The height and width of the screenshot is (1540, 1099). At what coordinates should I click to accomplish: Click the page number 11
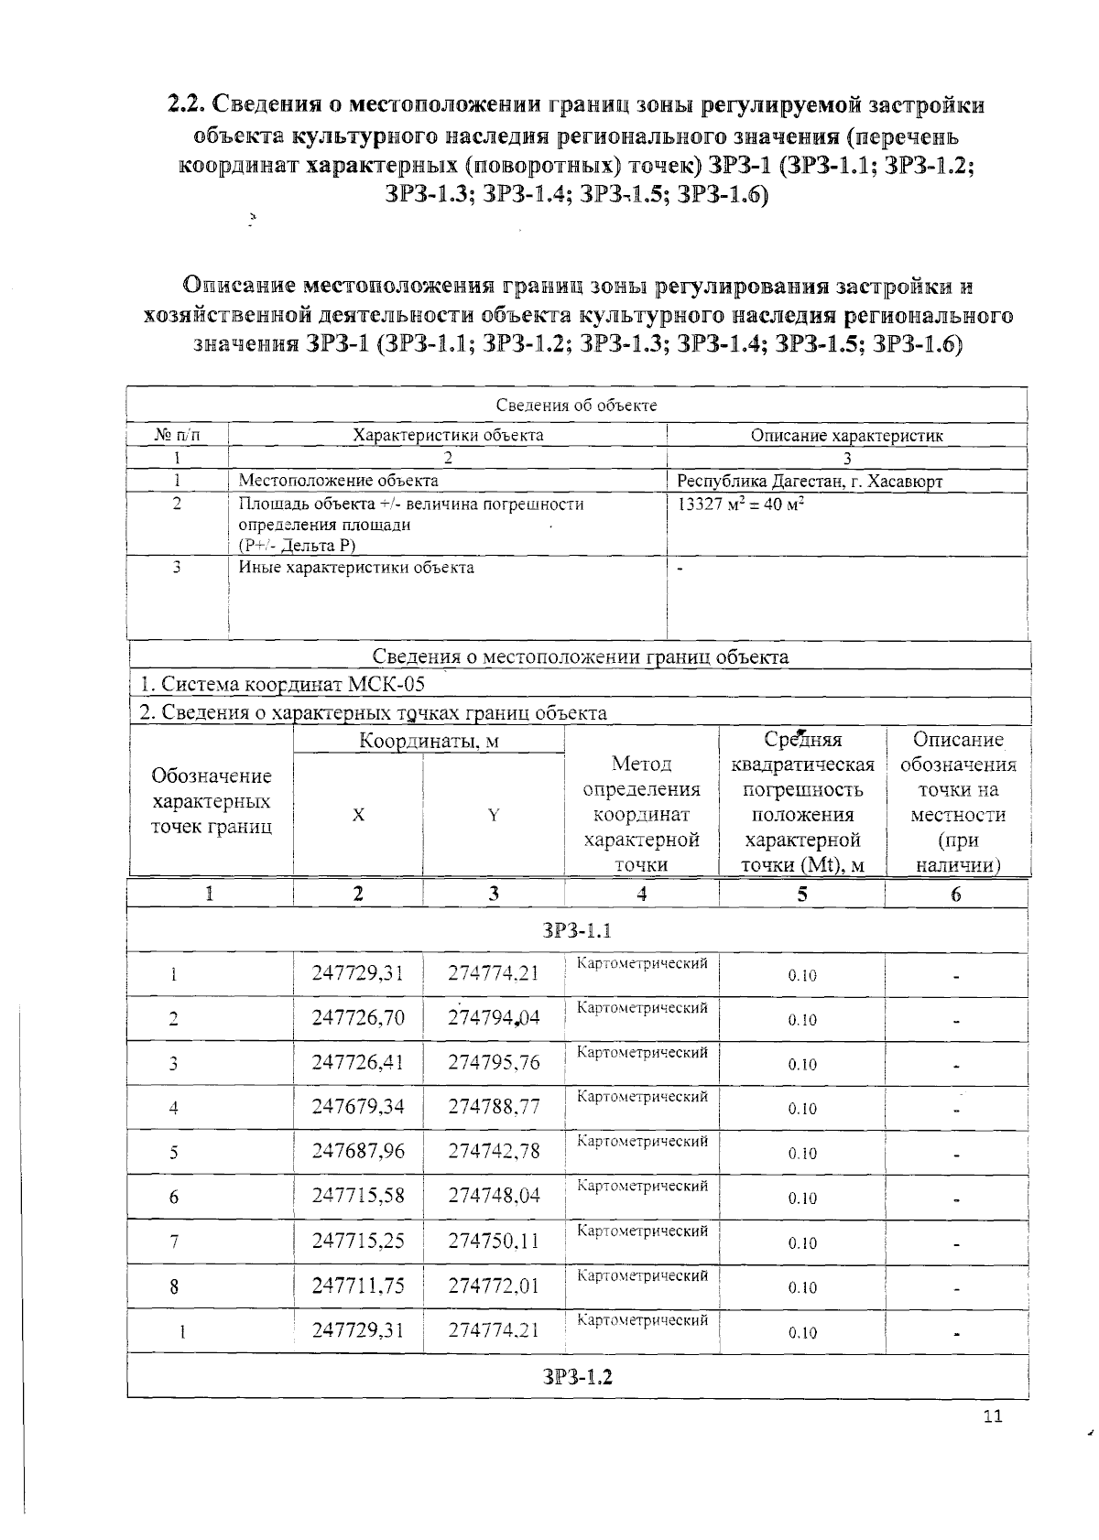point(993,1416)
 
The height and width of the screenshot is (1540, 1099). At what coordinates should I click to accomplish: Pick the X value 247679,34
point(358,1107)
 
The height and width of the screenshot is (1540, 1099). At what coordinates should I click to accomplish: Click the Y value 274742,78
point(494,1152)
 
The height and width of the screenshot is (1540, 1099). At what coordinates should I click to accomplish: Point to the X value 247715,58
point(358,1196)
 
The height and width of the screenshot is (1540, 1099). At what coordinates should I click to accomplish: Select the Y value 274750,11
point(494,1241)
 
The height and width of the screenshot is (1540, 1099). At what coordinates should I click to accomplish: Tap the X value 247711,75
point(358,1285)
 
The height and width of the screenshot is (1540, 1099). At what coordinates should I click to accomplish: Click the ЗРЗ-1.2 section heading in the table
point(577,1377)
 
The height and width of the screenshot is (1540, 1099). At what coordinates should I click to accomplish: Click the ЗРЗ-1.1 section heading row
point(577,931)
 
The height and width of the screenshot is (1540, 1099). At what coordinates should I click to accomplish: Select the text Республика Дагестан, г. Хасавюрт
point(809,482)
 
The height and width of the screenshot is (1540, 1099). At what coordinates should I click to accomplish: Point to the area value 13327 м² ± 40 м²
point(741,504)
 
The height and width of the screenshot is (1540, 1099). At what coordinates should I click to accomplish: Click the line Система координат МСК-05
point(282,684)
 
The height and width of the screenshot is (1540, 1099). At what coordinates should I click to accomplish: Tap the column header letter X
point(358,815)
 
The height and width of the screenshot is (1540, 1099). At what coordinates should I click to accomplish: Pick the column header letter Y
point(494,815)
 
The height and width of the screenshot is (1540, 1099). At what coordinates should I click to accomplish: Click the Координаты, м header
point(428,741)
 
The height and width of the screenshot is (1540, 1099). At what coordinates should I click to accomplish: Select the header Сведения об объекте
point(576,406)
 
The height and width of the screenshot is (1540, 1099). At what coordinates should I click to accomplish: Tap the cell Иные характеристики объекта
point(356,568)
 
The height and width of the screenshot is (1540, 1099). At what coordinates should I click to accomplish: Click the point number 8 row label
point(174,1287)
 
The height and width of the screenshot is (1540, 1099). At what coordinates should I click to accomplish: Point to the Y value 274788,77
point(494,1107)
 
